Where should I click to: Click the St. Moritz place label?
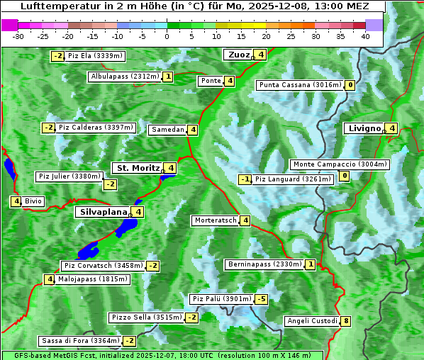[138, 168]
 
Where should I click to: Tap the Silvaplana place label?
[104, 212]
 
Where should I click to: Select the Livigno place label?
[364, 128]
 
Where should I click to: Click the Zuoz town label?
[238, 55]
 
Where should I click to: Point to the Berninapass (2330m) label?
[264, 264]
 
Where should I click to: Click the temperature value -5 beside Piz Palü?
[262, 299]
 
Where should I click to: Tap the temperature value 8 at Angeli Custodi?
[345, 321]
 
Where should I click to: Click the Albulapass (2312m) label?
[125, 77]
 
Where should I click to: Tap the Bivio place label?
[33, 201]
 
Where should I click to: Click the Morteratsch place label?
[216, 220]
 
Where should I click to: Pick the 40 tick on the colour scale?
[365, 35]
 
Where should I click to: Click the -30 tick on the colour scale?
[18, 35]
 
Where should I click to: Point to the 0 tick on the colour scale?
[167, 35]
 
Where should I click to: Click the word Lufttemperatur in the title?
[57, 6]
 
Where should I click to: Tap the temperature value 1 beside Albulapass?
[167, 77]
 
